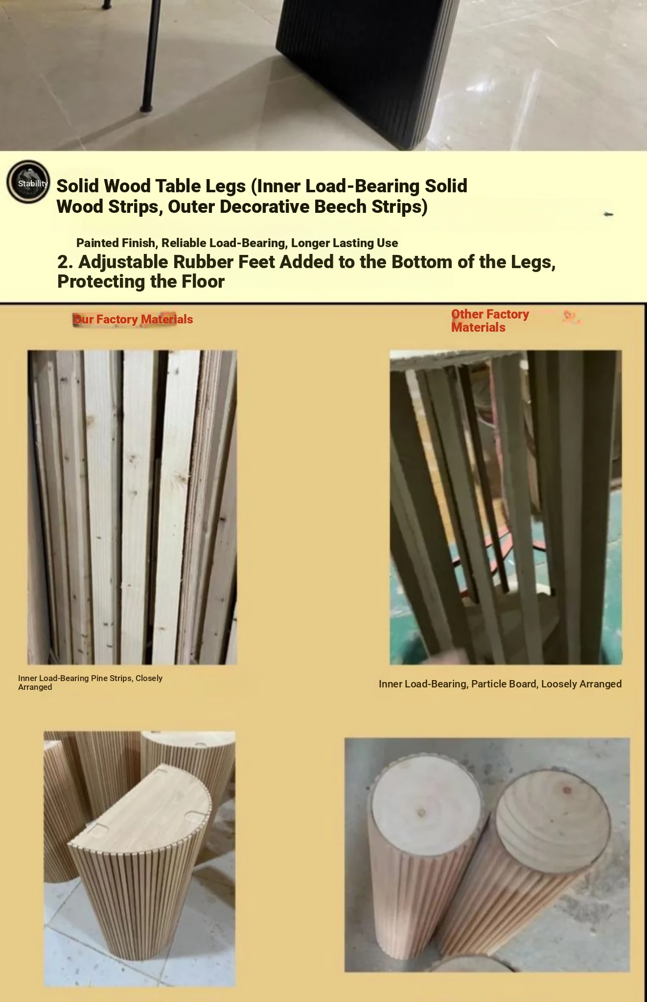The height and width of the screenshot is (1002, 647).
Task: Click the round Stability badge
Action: [28, 182]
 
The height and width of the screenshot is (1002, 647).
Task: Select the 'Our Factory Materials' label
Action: [133, 319]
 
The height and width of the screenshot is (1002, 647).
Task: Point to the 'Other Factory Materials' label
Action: [490, 321]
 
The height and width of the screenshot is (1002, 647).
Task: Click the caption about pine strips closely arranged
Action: [90, 683]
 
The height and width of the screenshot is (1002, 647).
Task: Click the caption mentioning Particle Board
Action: [500, 684]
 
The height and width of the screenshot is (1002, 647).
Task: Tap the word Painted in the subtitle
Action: [97, 243]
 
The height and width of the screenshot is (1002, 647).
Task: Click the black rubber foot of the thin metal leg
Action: [146, 107]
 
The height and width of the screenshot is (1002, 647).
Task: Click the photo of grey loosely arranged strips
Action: [506, 507]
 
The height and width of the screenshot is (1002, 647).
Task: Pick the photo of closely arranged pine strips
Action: [132, 507]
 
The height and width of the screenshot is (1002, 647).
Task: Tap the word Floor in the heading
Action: [203, 282]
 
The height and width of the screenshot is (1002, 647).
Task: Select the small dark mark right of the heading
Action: [608, 214]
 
